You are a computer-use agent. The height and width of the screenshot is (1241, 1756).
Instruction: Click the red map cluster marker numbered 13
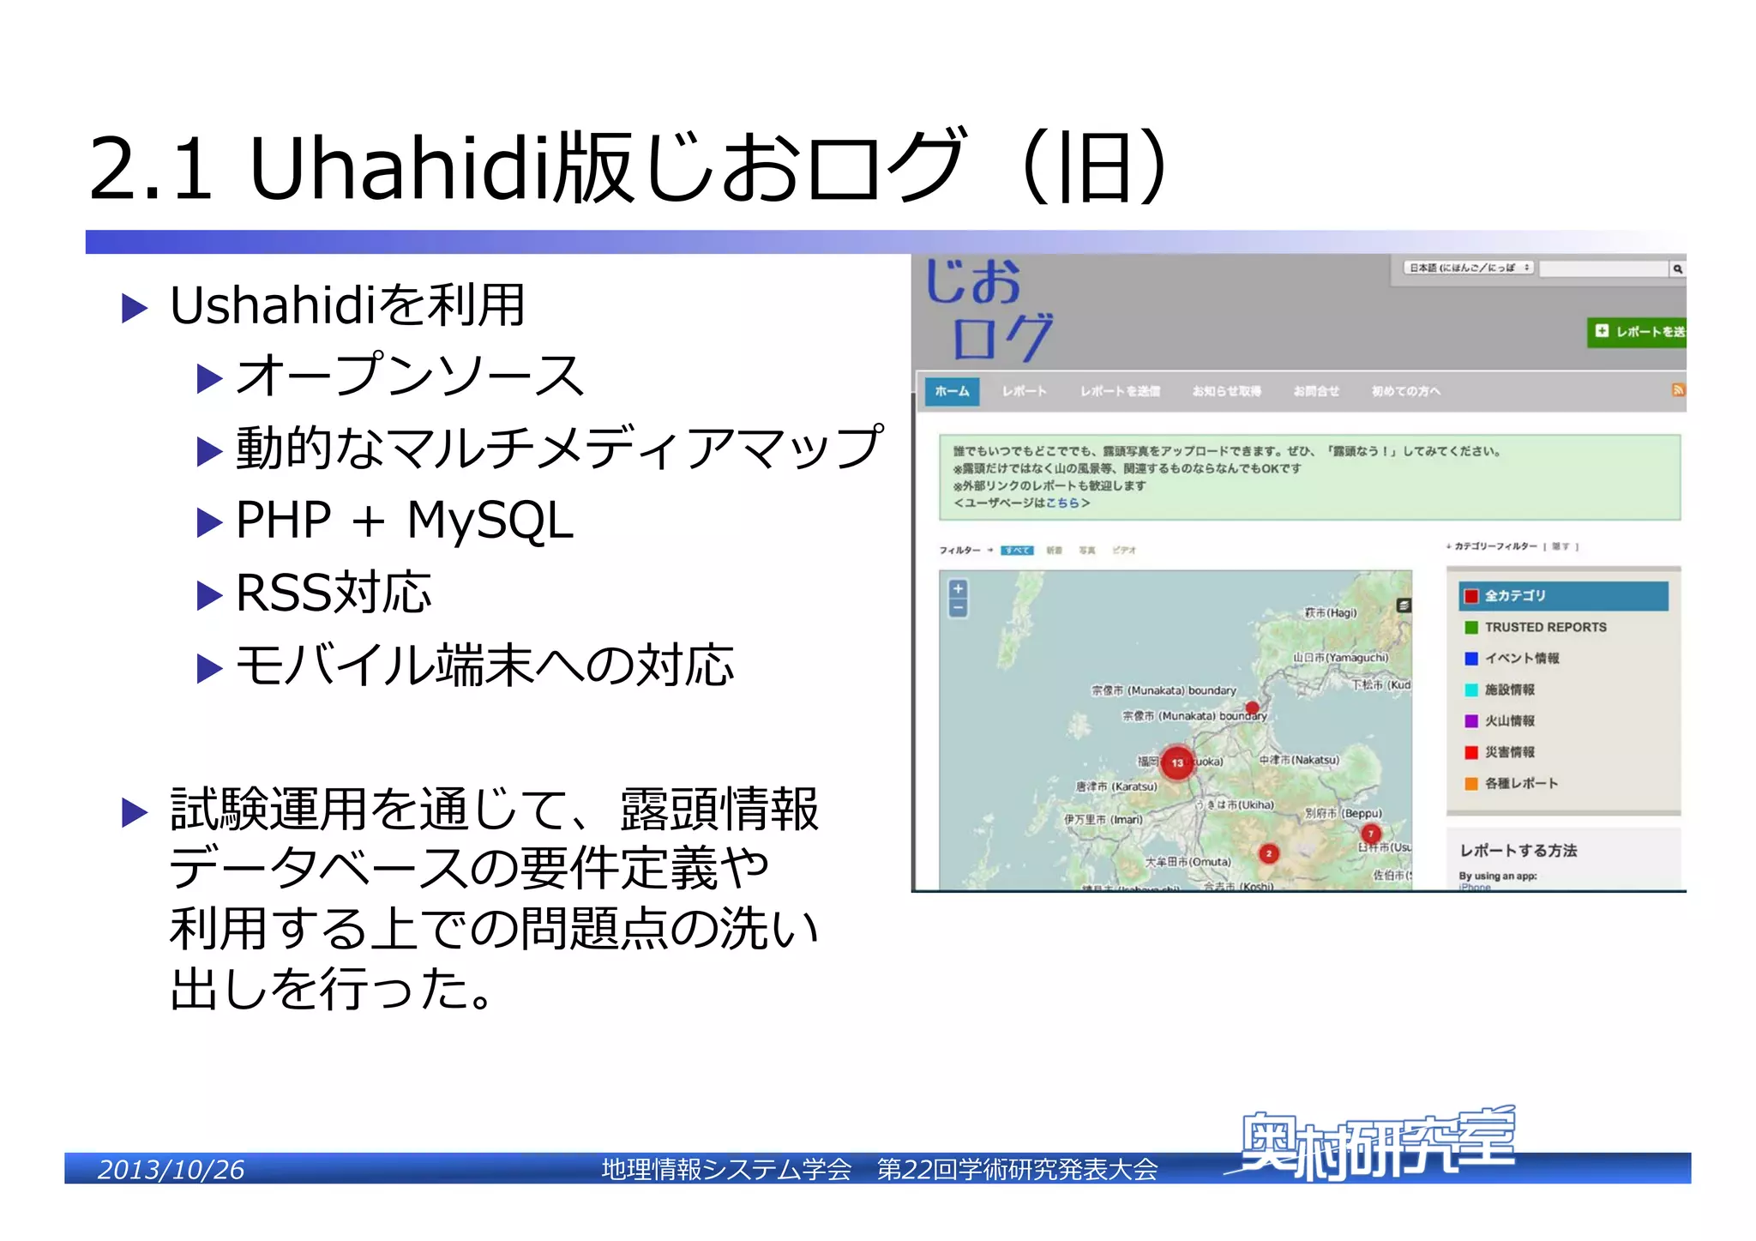click(x=1177, y=762)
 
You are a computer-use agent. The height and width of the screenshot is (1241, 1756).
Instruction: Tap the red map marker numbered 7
click(x=1371, y=833)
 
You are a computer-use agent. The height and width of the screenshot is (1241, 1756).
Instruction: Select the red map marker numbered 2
click(x=1269, y=853)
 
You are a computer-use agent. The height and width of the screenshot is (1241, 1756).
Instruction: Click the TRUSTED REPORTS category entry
click(x=1545, y=627)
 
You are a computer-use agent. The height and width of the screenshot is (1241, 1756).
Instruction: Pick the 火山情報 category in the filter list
click(x=1509, y=720)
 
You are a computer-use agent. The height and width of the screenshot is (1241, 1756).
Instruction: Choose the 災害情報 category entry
click(x=1509, y=752)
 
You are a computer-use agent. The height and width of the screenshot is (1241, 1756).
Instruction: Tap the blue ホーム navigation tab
click(x=952, y=391)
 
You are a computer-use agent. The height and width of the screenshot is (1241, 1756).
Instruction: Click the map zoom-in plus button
click(x=959, y=589)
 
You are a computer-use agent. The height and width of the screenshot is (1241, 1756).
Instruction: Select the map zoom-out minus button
click(x=959, y=608)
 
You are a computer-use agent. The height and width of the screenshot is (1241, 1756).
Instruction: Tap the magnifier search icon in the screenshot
click(x=1677, y=269)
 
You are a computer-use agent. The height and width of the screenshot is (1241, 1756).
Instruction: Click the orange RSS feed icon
click(x=1678, y=390)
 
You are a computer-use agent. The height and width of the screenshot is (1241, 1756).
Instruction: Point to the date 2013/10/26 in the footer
click(x=171, y=1169)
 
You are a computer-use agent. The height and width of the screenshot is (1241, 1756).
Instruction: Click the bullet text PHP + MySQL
click(x=404, y=520)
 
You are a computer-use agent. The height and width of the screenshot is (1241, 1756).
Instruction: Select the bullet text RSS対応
click(x=334, y=593)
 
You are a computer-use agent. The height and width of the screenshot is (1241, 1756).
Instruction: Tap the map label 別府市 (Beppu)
click(x=1344, y=813)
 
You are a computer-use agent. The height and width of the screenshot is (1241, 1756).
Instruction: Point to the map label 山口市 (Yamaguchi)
click(x=1341, y=658)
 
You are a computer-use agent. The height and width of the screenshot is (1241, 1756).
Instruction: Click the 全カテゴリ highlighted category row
click(x=1563, y=595)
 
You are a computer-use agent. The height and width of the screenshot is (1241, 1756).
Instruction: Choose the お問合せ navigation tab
click(x=1316, y=391)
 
